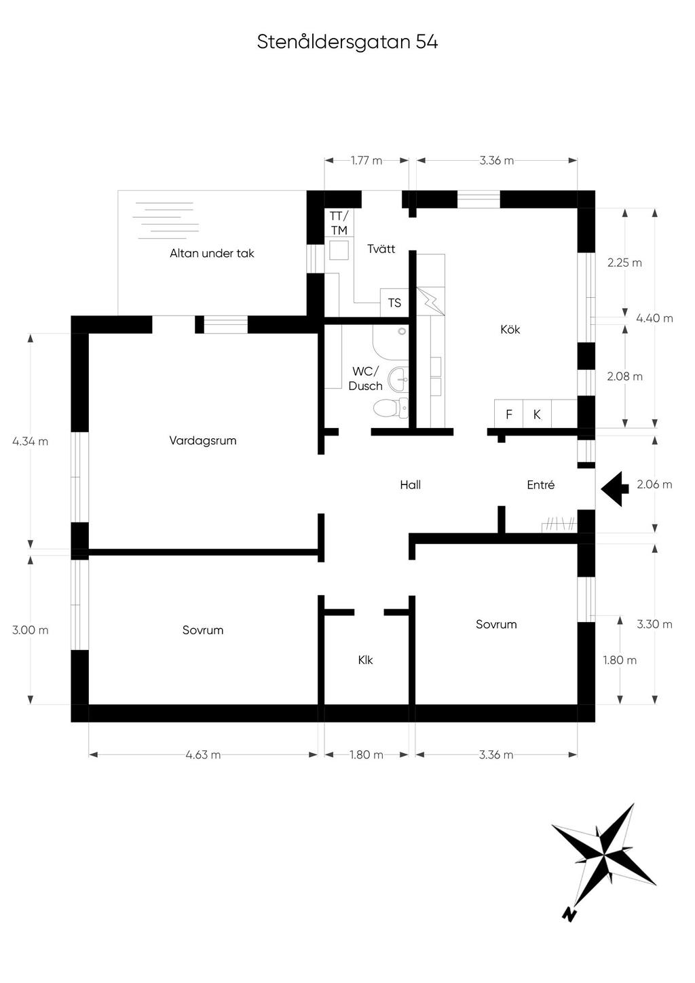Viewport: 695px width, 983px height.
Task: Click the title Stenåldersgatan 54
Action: point(347,42)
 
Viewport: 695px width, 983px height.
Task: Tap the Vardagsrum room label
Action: point(203,440)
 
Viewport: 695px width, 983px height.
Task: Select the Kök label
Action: point(510,329)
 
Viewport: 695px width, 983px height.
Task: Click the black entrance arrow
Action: point(615,489)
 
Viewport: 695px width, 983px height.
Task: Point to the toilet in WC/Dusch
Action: point(391,408)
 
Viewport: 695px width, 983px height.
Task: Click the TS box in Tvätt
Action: point(395,303)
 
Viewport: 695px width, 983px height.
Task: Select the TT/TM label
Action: point(339,223)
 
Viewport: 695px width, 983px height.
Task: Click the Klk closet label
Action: point(365,660)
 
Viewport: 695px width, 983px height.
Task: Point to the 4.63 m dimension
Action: point(203,755)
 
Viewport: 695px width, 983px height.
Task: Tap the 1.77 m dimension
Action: point(367,161)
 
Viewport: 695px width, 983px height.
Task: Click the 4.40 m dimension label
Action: point(654,318)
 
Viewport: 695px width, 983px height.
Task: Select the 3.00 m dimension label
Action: point(31,630)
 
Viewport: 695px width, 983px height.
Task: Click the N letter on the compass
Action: point(569,914)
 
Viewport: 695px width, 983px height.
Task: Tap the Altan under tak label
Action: point(212,253)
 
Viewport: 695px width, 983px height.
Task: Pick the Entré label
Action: point(541,485)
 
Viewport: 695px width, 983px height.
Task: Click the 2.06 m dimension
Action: point(654,484)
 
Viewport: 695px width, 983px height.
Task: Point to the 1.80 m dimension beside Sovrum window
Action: point(620,660)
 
